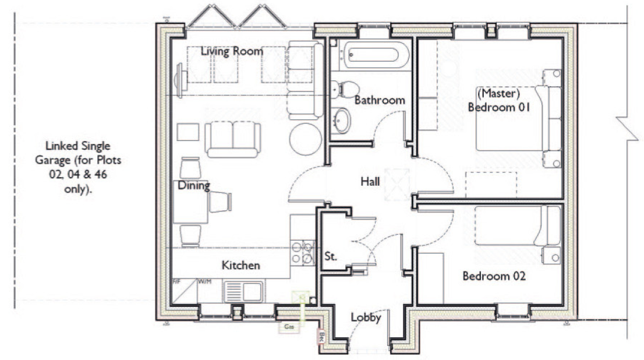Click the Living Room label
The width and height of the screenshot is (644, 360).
[x=232, y=51]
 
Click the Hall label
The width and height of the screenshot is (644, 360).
[x=370, y=182]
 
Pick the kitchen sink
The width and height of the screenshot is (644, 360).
[x=243, y=290]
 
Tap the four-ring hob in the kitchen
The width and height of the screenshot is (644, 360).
[x=302, y=252]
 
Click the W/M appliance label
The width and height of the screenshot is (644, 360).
[x=204, y=282]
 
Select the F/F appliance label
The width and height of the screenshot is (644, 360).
[x=178, y=282]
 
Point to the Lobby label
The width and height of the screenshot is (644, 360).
[x=366, y=317]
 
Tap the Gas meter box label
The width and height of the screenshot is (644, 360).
[x=288, y=327]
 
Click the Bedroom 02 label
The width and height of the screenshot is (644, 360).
[x=494, y=276]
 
